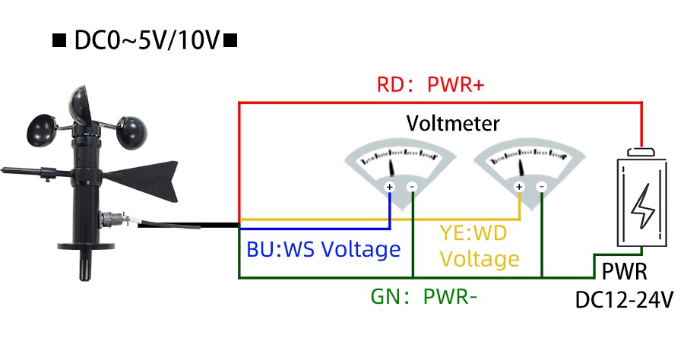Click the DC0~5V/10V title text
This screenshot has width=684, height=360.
pyautogui.click(x=144, y=40)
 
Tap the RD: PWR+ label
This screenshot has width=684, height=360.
pyautogui.click(x=430, y=84)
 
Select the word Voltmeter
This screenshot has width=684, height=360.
pyautogui.click(x=453, y=123)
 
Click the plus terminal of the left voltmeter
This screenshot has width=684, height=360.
pyautogui.click(x=390, y=187)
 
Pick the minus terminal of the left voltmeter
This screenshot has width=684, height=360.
pyautogui.click(x=412, y=187)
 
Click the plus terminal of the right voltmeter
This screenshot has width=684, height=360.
pyautogui.click(x=519, y=187)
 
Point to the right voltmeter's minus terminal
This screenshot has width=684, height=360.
pyautogui.click(x=541, y=187)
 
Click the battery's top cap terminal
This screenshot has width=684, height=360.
pyautogui.click(x=642, y=152)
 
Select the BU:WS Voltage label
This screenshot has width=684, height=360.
pyautogui.click(x=323, y=249)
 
